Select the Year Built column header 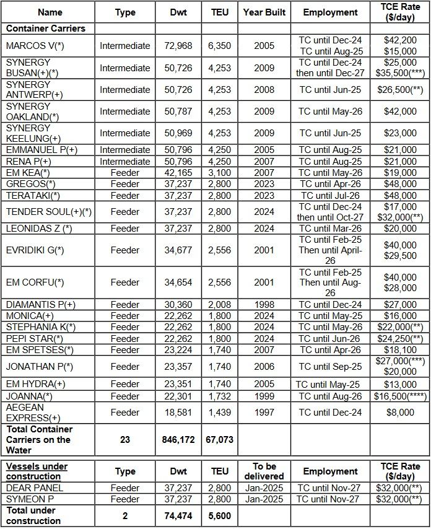pyautogui.click(x=264, y=12)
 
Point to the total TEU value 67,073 pyautogui.click(x=219, y=440)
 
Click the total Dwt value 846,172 pyautogui.click(x=178, y=440)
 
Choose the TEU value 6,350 pyautogui.click(x=219, y=46)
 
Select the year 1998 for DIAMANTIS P pyautogui.click(x=264, y=305)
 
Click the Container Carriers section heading pyautogui.click(x=46, y=28)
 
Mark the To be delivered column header pyautogui.click(x=264, y=471)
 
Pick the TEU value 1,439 pyautogui.click(x=219, y=413)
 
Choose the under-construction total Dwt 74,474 pyautogui.click(x=178, y=515)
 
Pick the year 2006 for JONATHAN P pyautogui.click(x=264, y=367)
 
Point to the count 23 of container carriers pyautogui.click(x=125, y=440)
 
